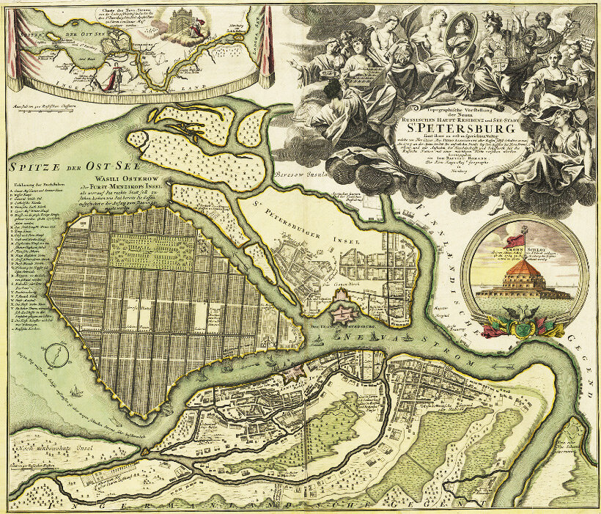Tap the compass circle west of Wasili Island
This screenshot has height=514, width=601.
[x=54, y=357]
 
